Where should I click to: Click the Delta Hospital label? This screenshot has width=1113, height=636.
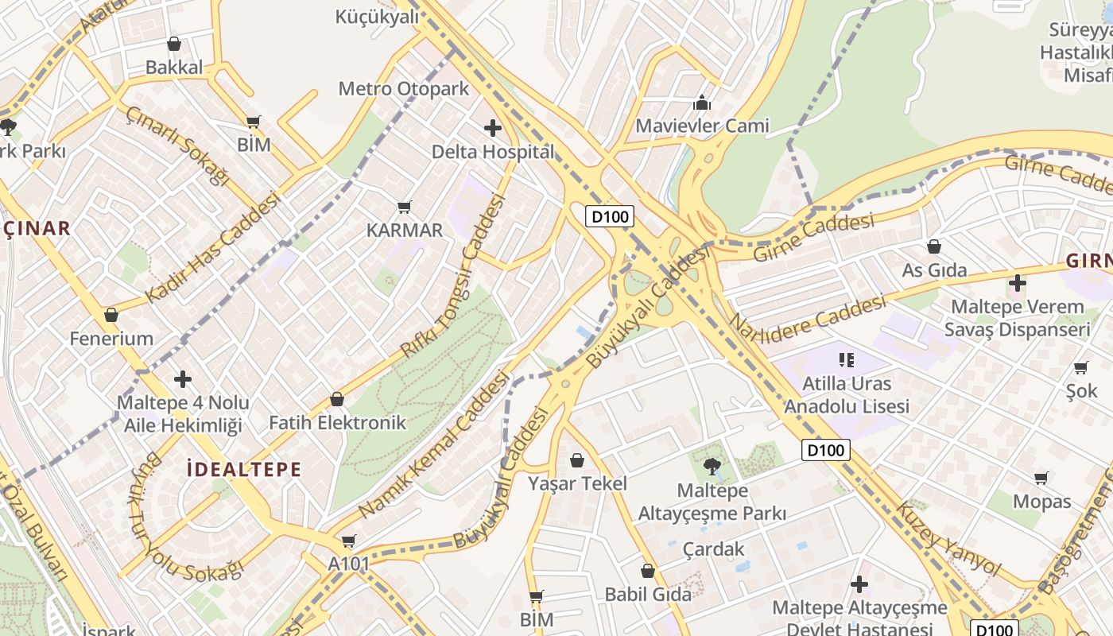click(x=493, y=151)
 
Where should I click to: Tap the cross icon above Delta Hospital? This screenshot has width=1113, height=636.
click(x=493, y=127)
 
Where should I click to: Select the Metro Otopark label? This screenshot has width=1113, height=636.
click(x=404, y=88)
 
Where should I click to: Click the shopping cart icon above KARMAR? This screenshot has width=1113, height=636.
click(x=404, y=207)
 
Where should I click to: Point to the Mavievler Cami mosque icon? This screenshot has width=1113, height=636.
click(x=701, y=103)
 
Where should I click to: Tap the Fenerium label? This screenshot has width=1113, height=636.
click(x=111, y=339)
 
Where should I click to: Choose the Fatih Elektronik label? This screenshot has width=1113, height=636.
click(x=337, y=422)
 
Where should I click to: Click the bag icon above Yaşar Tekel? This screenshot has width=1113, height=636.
click(x=577, y=460)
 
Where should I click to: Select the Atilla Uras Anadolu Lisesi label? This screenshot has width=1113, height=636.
click(x=847, y=395)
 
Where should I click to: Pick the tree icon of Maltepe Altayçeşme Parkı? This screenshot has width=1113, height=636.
click(x=712, y=466)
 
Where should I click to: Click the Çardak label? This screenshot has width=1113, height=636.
click(x=714, y=549)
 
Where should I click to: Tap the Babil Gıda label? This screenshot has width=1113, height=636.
click(x=648, y=594)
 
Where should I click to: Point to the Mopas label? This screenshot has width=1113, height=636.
click(x=1041, y=502)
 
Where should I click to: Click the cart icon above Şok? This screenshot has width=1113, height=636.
click(x=1080, y=367)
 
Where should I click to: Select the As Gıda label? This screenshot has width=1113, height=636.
click(x=934, y=270)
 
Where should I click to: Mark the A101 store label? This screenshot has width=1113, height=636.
click(x=349, y=564)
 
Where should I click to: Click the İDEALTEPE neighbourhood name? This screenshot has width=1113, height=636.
click(x=243, y=469)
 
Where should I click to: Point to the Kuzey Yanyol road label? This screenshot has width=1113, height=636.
click(x=948, y=538)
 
